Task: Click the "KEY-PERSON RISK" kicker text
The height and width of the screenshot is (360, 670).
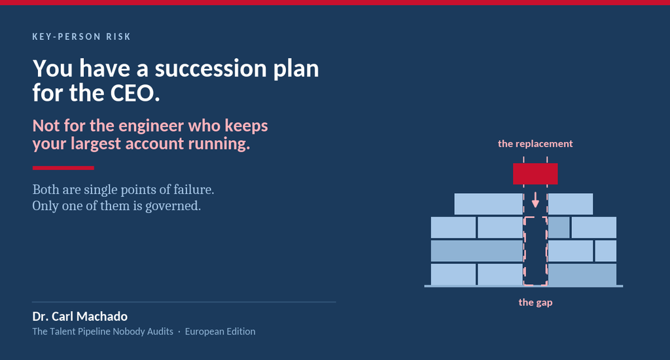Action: pos(81,37)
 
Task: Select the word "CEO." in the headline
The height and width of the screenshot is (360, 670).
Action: pos(135,93)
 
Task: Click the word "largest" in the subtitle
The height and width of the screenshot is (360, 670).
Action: pos(96,143)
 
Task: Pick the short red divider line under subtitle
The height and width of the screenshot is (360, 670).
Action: pos(63,168)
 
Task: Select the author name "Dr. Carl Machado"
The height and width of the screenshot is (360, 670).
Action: pos(80,316)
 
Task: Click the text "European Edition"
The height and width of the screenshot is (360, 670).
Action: pos(220,331)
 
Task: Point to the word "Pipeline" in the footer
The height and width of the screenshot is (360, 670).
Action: pos(94,331)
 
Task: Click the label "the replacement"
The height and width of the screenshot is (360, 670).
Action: pos(535,143)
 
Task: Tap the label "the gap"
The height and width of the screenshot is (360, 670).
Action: pos(535,302)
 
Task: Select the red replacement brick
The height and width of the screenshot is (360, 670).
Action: pos(535,174)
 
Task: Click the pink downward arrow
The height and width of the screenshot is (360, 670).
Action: pos(535,200)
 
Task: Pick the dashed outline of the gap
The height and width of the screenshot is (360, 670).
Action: pos(524,251)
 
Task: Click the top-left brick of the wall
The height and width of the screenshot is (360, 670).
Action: pos(488,204)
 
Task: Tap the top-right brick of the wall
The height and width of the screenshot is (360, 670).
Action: pos(571,204)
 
